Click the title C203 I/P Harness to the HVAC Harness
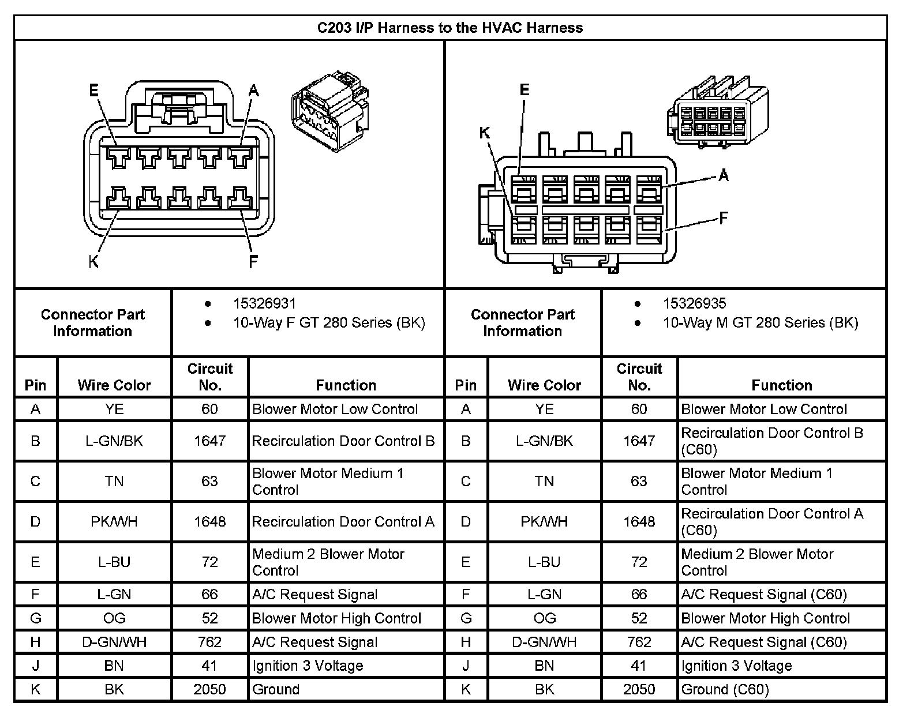point(450,28)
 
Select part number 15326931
point(264,303)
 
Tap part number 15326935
point(694,303)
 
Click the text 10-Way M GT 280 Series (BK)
point(761,322)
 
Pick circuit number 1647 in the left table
point(209,441)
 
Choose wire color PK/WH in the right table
point(544,521)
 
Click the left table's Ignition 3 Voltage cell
point(308,666)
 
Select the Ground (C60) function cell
point(725,689)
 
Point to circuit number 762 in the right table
point(639,642)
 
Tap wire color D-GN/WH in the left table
point(114,642)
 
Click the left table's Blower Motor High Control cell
point(336,618)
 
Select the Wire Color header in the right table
point(544,385)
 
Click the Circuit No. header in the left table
point(209,377)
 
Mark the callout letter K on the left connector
point(93,262)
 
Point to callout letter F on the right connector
point(723,218)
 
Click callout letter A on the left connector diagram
point(253,91)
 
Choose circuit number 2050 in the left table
point(209,689)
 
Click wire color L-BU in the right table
point(544,562)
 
